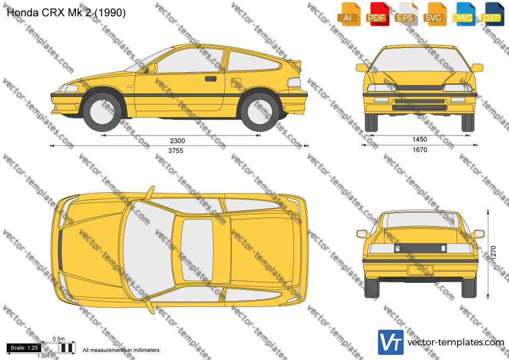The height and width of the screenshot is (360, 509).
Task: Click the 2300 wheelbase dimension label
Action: pyautogui.click(x=177, y=141)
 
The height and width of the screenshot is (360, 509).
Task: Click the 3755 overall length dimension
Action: pyautogui.click(x=175, y=151)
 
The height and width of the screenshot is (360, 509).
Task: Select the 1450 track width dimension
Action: pyautogui.click(x=419, y=139)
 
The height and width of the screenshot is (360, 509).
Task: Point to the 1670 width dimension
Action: pyautogui.click(x=420, y=150)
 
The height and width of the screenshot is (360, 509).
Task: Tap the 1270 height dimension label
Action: pyautogui.click(x=493, y=253)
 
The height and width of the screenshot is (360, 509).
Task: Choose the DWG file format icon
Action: pyautogui.click(x=463, y=14)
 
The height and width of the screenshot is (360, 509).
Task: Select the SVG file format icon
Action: pyautogui.click(x=434, y=14)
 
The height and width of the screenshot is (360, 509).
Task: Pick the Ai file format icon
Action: pyautogui.click(x=349, y=14)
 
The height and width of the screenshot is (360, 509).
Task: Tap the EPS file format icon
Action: pyautogui.click(x=406, y=14)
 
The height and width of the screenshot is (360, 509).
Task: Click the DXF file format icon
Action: pyautogui.click(x=492, y=14)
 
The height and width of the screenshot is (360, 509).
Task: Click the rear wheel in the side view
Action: pyautogui.click(x=260, y=111)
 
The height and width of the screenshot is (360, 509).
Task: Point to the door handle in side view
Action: pyautogui.click(x=210, y=79)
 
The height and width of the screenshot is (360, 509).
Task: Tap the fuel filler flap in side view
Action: pyautogui.click(x=236, y=83)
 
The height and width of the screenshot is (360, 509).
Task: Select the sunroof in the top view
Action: pyautogui.click(x=197, y=250)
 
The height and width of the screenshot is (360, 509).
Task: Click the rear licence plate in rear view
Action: pyautogui.click(x=421, y=270)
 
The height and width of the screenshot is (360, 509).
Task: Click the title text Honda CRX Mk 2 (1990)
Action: pyautogui.click(x=66, y=13)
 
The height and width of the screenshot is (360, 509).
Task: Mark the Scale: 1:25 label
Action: pyautogui.click(x=24, y=348)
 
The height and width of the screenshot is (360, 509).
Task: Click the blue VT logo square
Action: pyautogui.click(x=391, y=342)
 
